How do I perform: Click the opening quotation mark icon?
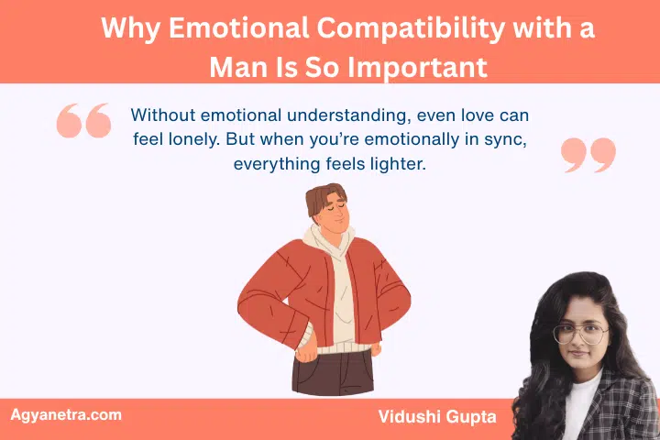83,120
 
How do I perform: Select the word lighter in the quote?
396,164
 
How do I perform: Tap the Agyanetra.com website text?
66,414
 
